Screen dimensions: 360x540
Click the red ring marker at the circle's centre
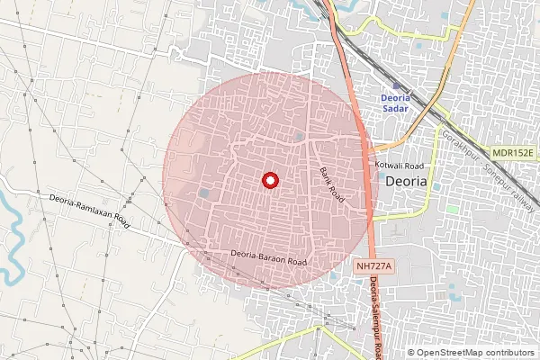point(268,180)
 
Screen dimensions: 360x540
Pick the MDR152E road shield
point(513,153)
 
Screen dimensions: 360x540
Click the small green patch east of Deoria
point(452,208)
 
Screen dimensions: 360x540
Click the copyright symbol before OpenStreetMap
point(410,352)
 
